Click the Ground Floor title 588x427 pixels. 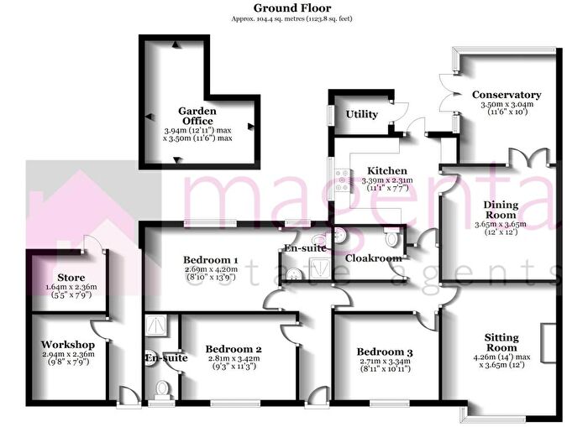click(292, 8)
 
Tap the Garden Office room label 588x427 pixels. click(197, 116)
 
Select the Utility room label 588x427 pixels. click(361, 114)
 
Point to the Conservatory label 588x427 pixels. click(507, 95)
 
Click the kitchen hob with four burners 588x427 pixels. click(343, 180)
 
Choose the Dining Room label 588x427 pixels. click(501, 210)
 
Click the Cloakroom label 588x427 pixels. click(374, 258)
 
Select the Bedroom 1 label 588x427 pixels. click(211, 259)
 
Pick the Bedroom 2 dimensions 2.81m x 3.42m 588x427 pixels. click(234, 358)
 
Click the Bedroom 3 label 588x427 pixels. click(385, 351)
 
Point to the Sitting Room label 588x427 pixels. click(501, 343)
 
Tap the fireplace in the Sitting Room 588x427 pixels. click(549, 343)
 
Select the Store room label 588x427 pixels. click(71, 278)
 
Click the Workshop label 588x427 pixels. click(68, 345)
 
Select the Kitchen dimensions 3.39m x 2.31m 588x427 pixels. click(387, 180)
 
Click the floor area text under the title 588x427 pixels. click(292, 18)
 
